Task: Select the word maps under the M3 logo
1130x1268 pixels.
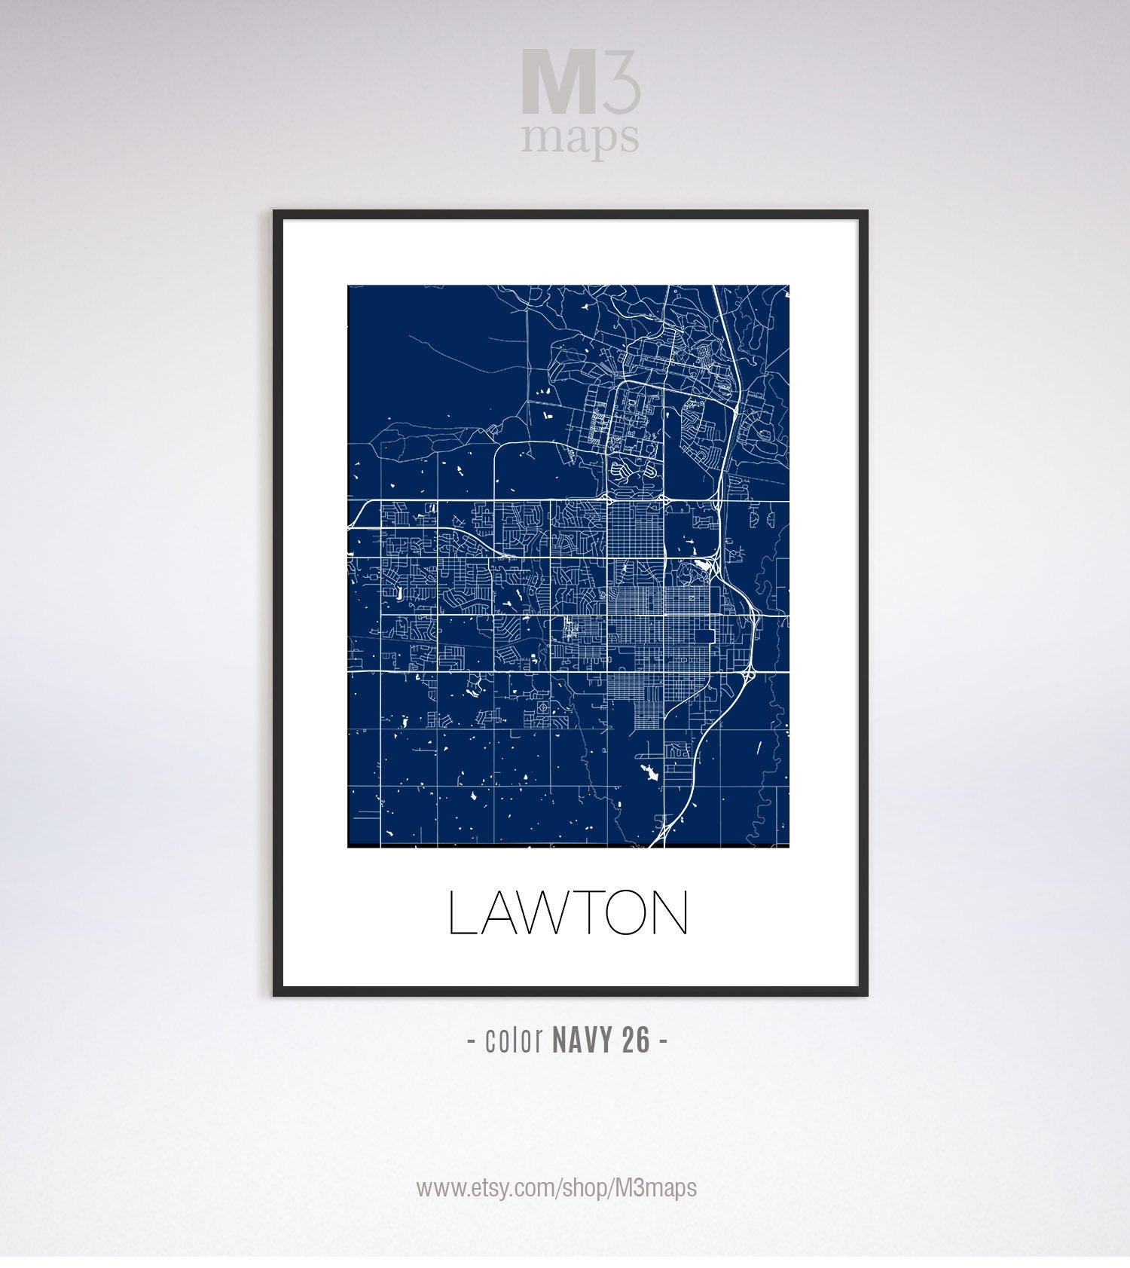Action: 580,137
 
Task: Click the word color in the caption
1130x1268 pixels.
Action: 515,1040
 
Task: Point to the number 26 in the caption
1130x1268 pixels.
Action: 636,1040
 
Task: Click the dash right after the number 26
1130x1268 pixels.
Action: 663,1041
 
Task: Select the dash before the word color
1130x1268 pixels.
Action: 472,1041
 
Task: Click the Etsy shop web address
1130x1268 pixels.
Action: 557,1188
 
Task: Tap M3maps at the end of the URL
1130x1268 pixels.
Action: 655,1188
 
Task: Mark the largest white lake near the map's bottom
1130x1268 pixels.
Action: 647,771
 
